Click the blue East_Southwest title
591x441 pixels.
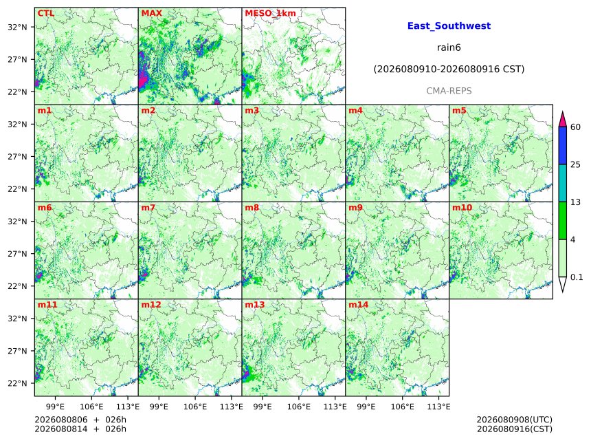click(x=449, y=25)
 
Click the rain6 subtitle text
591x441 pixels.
click(x=449, y=47)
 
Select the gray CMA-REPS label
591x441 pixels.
click(x=449, y=91)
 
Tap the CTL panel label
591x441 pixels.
click(x=46, y=13)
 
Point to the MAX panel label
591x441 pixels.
click(x=151, y=13)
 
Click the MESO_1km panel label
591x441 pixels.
click(x=270, y=13)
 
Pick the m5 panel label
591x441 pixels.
click(x=459, y=111)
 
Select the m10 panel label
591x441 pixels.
click(x=462, y=208)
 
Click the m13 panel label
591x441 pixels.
click(x=255, y=305)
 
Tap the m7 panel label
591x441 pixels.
click(x=148, y=208)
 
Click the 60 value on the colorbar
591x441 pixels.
click(x=576, y=127)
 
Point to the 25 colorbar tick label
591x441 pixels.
click(x=576, y=164)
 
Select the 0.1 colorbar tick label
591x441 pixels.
click(x=577, y=277)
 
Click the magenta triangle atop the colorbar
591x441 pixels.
click(x=563, y=120)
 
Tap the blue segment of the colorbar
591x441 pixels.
click(x=563, y=146)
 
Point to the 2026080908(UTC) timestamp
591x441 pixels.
click(x=515, y=420)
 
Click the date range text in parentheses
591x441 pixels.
click(x=449, y=69)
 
